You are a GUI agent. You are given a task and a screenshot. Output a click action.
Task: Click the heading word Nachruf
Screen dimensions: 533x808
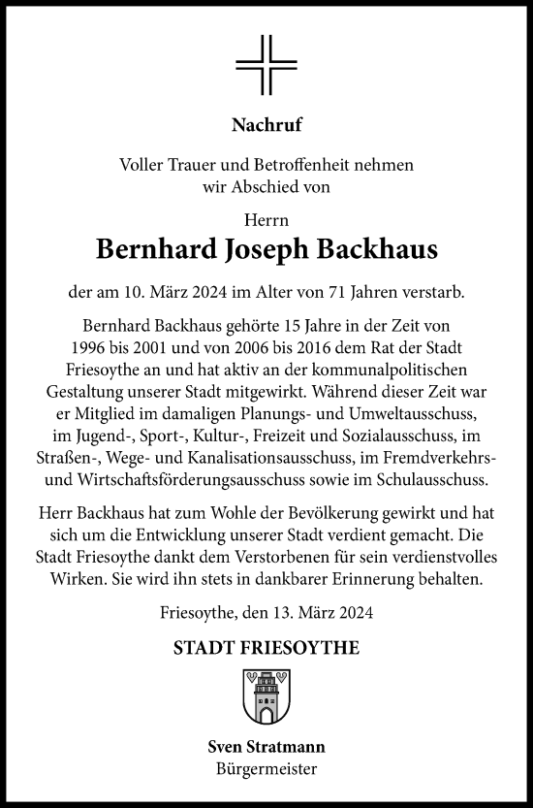[x=266, y=124]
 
